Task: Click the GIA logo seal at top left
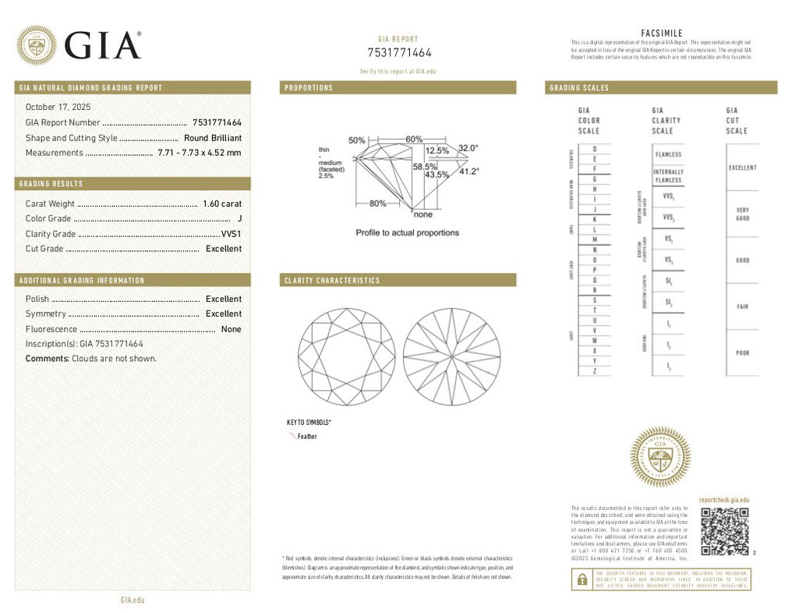[x=37, y=45]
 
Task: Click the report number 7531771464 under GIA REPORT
[x=399, y=53]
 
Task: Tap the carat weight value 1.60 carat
[x=222, y=204]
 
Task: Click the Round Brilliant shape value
[x=213, y=138]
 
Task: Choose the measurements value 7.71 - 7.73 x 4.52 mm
[x=200, y=153]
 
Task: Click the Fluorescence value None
[x=231, y=329]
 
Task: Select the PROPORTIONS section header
[x=309, y=88]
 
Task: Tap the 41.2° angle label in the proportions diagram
[x=468, y=172]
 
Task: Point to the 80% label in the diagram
[x=377, y=204]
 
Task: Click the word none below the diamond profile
[x=423, y=214]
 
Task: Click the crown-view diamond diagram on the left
[x=347, y=356]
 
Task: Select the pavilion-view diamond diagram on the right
[x=451, y=356]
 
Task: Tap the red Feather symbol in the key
[x=292, y=437]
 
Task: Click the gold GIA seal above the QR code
[x=659, y=457]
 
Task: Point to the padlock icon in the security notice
[x=582, y=579]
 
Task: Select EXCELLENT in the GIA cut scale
[x=741, y=168]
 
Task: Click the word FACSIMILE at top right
[x=661, y=33]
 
